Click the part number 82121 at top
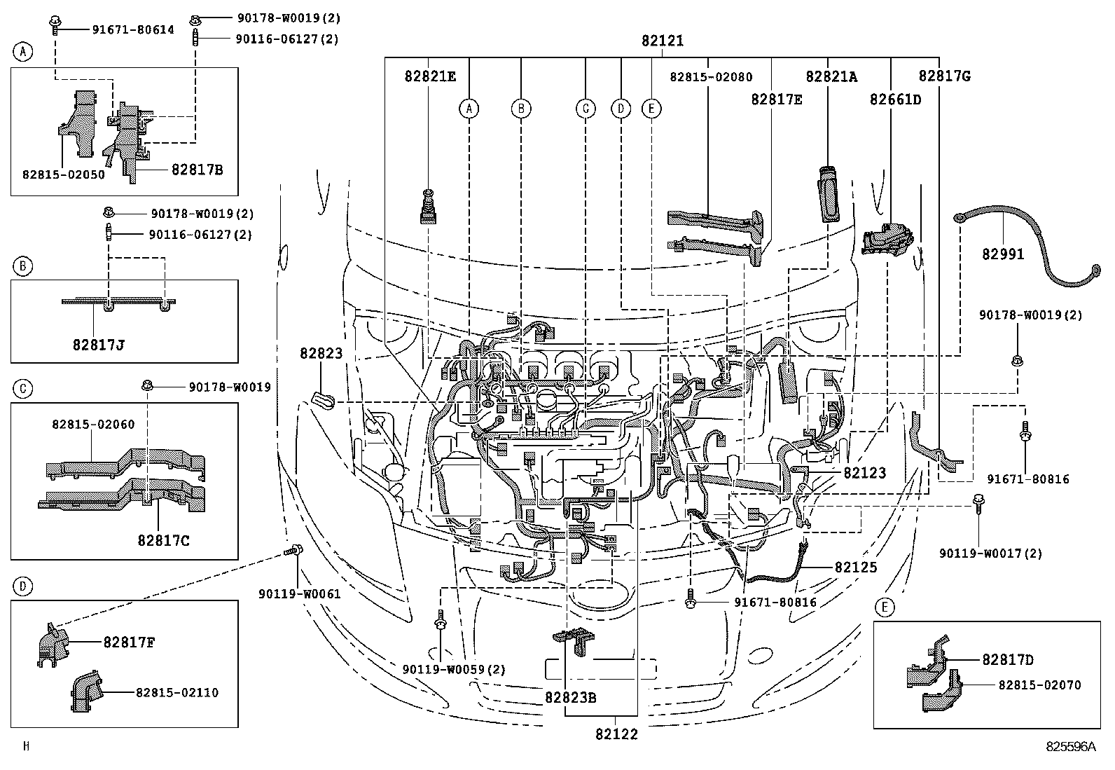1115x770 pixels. pos(662,41)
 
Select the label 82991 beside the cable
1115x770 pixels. pos(1002,254)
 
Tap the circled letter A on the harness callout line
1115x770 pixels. pos(469,108)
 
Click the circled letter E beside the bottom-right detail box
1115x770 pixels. pos(884,607)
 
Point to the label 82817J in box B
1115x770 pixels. pos(98,345)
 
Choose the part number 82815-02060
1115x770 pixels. pos(92,424)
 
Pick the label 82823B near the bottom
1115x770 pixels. pos(571,698)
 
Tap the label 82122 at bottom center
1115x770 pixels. pos(616,734)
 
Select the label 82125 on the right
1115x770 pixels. pos(855,567)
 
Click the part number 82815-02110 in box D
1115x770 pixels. pos(176,692)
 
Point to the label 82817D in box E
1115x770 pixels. pos(1007,659)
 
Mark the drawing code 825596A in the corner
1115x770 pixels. pos(1069,747)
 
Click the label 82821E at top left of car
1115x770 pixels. pos(429,76)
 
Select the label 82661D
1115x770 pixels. pos(895,99)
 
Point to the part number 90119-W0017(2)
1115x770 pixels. pos(990,554)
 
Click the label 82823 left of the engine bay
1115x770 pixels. pos(321,354)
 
